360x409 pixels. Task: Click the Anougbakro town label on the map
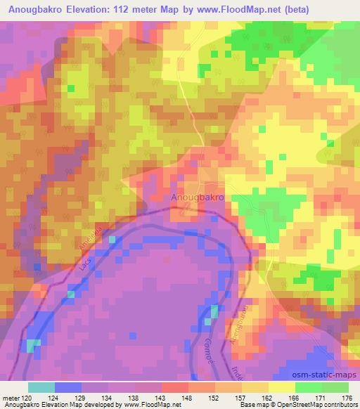(198, 199)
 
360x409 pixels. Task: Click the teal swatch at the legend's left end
(41, 387)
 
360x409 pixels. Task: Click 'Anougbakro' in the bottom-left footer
(22, 405)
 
